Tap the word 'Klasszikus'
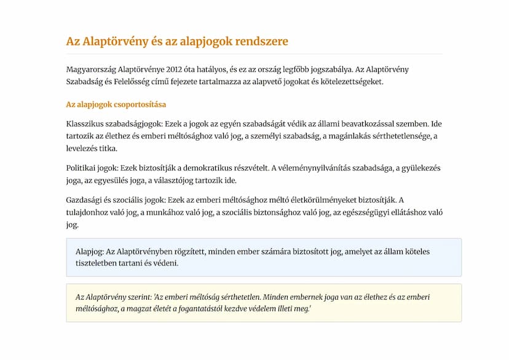point(85,123)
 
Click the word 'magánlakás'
point(346,136)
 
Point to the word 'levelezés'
point(83,149)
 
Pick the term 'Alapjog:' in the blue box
point(90,251)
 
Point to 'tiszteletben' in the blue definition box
point(98,264)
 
